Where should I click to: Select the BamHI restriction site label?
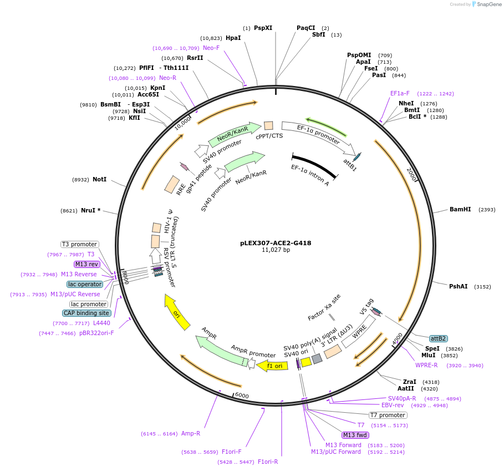coord(460,210)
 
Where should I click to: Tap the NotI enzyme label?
coord(99,180)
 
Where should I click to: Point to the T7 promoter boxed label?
coord(388,415)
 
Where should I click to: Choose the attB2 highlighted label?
coord(438,338)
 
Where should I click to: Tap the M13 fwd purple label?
coord(355,435)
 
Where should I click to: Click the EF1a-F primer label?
coord(400,94)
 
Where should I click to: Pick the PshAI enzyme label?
coord(458,287)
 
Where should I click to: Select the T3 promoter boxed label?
coord(80,244)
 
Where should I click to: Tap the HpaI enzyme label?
coord(233,38)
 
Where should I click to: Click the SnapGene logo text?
coord(488,4)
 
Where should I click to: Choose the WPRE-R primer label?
coord(426,365)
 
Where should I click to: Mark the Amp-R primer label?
coord(191,433)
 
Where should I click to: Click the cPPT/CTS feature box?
coord(268,126)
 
